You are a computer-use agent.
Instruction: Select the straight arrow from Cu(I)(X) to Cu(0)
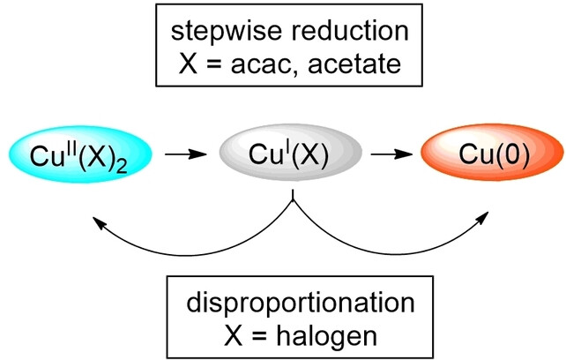(392, 156)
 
